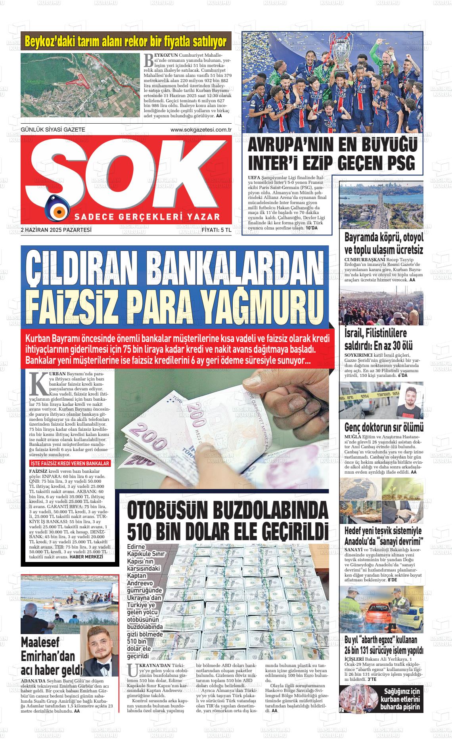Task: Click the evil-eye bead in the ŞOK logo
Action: click(57, 209)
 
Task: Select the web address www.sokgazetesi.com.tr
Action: click(201, 130)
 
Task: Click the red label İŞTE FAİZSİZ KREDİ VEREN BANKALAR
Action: click(70, 463)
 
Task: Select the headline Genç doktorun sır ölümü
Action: click(384, 428)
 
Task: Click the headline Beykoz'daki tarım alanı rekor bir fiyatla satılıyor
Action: click(126, 42)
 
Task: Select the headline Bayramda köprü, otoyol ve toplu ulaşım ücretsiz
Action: click(384, 244)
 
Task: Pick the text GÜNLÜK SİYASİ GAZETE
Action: click(53, 130)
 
